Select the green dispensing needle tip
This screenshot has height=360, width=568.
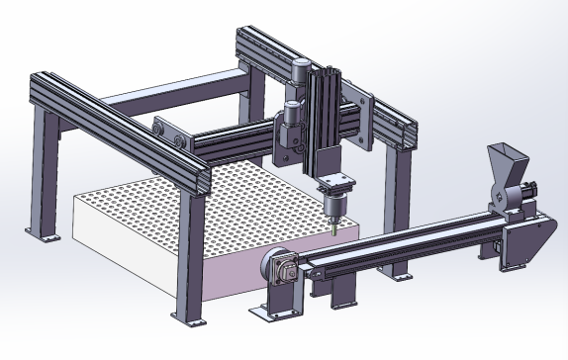pos(334,230)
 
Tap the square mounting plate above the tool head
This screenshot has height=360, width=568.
pos(337,182)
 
